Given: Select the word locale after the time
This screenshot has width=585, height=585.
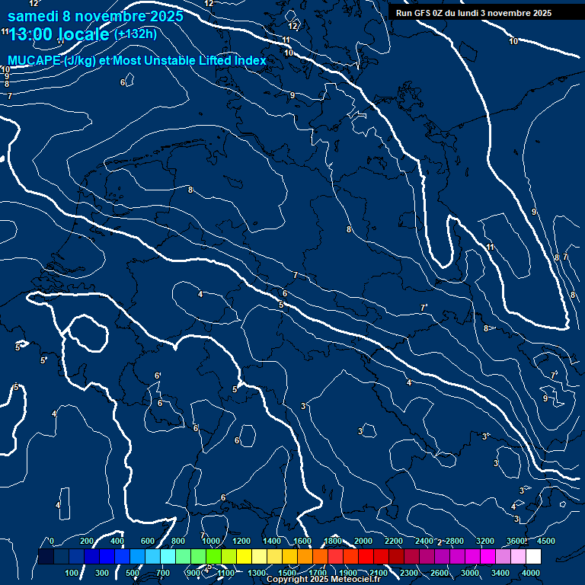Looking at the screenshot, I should [x=84, y=34].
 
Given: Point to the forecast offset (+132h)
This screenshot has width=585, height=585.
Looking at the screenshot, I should [x=135, y=34].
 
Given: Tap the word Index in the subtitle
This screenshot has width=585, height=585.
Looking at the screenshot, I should [x=250, y=60].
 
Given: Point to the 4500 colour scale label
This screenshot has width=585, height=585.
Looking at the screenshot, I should [x=545, y=541].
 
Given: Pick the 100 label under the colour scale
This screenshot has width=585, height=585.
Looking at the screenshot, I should [x=72, y=573].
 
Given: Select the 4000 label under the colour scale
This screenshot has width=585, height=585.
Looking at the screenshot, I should [x=531, y=573].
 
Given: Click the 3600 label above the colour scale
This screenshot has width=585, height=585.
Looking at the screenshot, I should [x=516, y=541].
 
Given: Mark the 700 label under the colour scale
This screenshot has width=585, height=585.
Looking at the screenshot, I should [x=163, y=573].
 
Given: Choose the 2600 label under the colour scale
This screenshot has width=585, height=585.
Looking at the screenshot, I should [x=440, y=573].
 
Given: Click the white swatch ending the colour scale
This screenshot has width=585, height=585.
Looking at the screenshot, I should [x=533, y=557].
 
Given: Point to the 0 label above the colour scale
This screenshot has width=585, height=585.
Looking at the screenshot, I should [x=51, y=541].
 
